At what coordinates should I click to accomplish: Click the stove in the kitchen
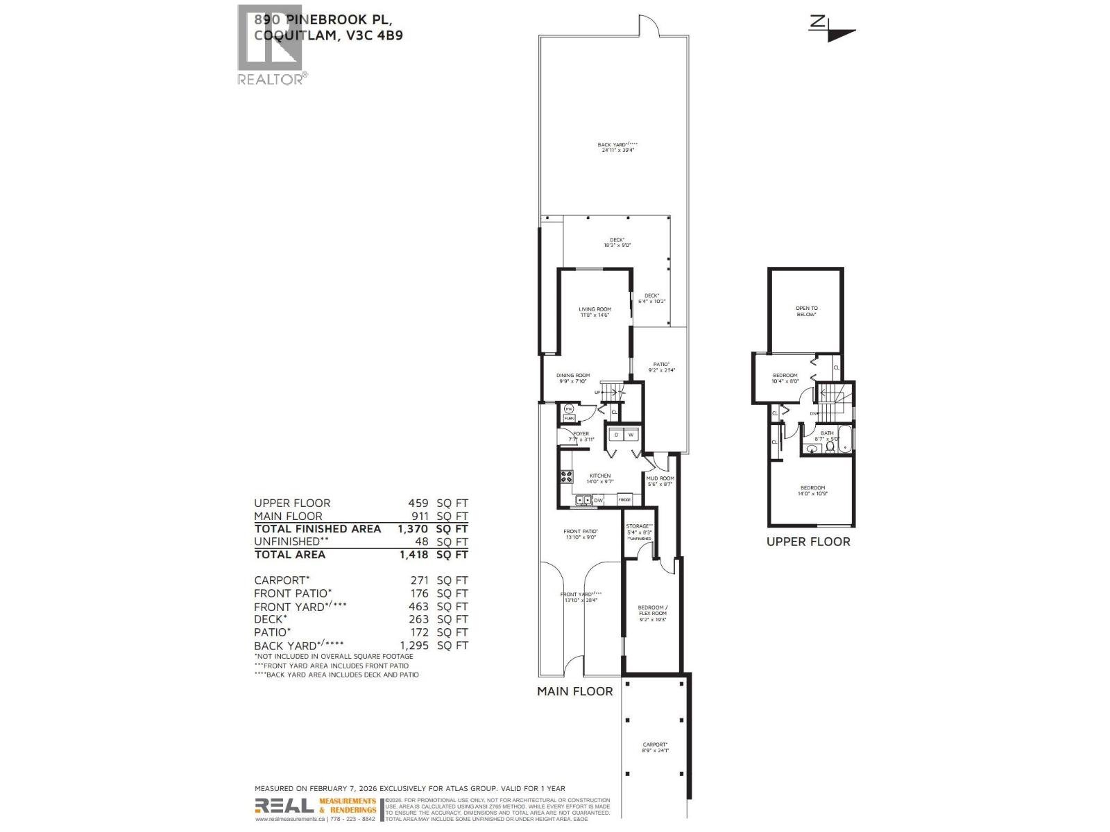[567, 476]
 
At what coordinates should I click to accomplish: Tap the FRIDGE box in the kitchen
[624, 500]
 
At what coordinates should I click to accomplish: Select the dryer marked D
[615, 435]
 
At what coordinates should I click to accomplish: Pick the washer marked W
[631, 435]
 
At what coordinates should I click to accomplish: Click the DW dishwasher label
[598, 500]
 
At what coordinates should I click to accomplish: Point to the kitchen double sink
[582, 500]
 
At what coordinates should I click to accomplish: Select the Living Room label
[595, 309]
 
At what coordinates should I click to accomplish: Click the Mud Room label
[660, 478]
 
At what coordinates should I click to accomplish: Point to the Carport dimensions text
[656, 751]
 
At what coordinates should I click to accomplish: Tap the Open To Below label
[806, 311]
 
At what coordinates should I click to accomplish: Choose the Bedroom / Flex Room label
[652, 610]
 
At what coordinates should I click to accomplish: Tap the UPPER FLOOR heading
[808, 541]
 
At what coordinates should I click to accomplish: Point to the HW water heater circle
[568, 409]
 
